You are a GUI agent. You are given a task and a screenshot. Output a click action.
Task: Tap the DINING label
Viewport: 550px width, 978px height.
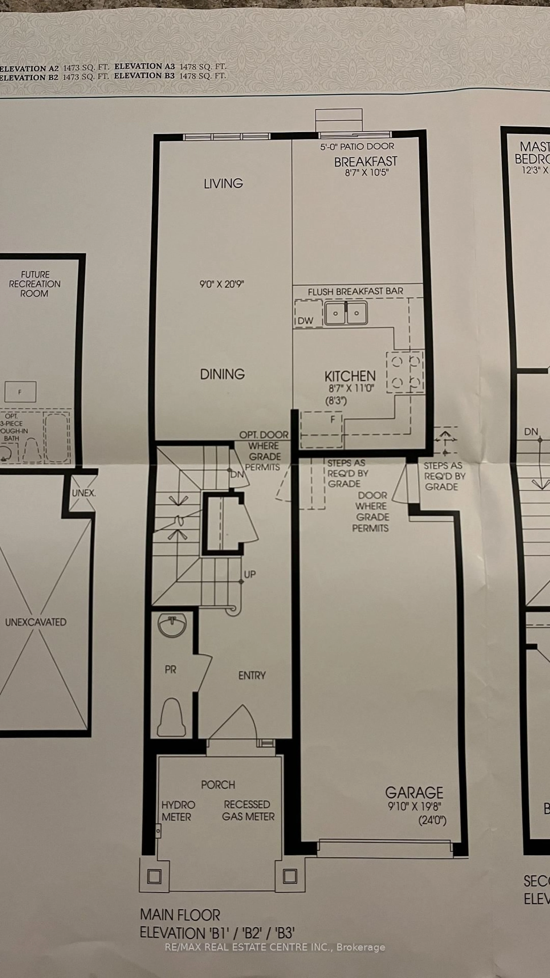pyautogui.click(x=222, y=374)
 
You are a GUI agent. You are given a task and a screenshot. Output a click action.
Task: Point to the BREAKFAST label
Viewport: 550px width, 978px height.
pyautogui.click(x=366, y=162)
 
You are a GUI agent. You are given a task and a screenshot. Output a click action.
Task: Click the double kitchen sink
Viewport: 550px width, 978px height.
pyautogui.click(x=346, y=313)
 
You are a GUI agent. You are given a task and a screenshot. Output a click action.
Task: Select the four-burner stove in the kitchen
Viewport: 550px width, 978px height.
pyautogui.click(x=405, y=372)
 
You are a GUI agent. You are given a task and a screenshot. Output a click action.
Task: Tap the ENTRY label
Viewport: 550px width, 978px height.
pyautogui.click(x=252, y=675)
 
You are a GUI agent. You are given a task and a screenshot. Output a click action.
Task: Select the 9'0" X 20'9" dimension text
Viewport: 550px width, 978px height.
pyautogui.click(x=222, y=284)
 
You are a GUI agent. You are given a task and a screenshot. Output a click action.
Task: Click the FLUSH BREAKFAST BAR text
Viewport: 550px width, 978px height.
pyautogui.click(x=355, y=292)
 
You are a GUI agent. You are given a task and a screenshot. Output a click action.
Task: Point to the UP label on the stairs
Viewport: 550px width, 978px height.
pyautogui.click(x=249, y=574)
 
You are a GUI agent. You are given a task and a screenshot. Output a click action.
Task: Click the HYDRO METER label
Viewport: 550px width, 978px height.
pyautogui.click(x=178, y=811)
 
